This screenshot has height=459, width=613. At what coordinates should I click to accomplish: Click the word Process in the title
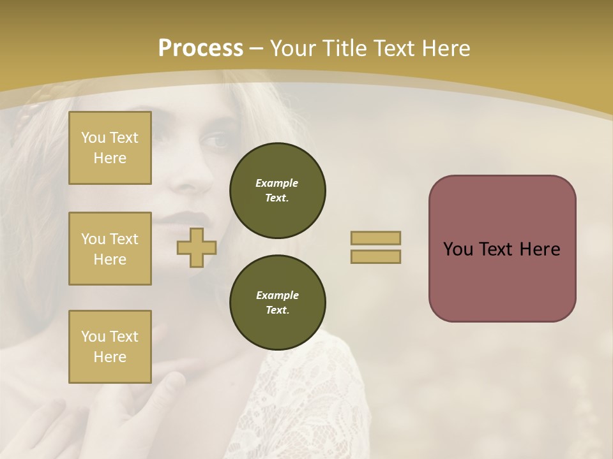pos(201,48)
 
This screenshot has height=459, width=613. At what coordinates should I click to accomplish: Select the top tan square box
pos(110,148)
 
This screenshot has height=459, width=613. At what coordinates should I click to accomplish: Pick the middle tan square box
pos(110,249)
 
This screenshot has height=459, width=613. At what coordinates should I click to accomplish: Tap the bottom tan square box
pos(110,346)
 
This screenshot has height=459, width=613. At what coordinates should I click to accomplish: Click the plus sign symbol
pos(197,248)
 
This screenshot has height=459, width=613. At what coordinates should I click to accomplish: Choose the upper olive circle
pos(277,190)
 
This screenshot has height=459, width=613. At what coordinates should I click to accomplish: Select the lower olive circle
pos(277,302)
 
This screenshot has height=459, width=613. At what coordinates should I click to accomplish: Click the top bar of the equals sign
pos(375,238)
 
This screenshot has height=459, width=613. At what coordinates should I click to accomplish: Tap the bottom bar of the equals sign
pos(375,257)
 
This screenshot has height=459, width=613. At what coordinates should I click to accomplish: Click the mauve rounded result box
pos(502,280)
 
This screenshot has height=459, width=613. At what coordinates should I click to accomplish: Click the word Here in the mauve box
pos(540,249)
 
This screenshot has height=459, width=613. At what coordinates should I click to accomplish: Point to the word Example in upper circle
pos(277,183)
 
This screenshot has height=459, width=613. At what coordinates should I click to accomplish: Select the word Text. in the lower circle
pos(277,310)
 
